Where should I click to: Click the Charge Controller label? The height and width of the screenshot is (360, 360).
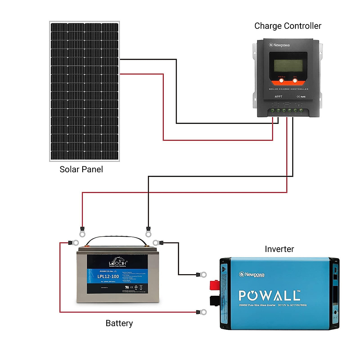tap(288, 26)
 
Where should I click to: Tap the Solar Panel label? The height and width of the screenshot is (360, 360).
tap(81, 169)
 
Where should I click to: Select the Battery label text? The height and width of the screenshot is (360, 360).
tap(119, 323)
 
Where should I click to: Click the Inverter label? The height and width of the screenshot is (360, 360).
tap(279, 249)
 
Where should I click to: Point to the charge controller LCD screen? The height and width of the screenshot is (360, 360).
tap(288, 65)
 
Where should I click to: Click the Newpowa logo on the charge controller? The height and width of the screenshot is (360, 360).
tap(279, 45)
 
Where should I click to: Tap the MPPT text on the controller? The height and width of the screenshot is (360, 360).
tap(278, 97)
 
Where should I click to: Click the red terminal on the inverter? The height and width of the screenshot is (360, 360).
tap(215, 285)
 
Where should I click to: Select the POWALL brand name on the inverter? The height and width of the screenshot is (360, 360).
tap(269, 295)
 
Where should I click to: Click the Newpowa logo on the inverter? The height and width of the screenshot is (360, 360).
tap(252, 274)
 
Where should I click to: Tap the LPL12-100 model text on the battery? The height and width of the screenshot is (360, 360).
tap(108, 276)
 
